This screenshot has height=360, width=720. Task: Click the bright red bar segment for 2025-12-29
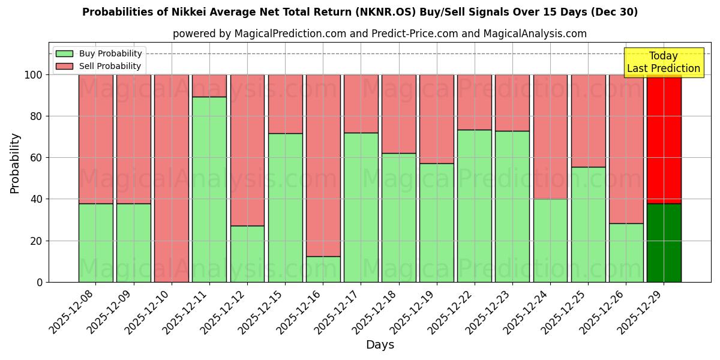pos(664,139)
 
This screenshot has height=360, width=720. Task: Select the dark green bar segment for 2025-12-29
pos(664,242)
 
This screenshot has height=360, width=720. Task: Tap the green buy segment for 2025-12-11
pos(209,189)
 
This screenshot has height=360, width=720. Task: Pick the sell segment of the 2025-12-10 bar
pos(172,178)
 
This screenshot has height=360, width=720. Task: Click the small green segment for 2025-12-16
pos(323,269)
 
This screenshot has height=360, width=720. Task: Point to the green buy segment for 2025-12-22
pos(474,206)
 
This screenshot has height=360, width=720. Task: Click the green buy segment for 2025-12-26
pos(626,253)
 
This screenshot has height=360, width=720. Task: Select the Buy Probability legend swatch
pos(64,53)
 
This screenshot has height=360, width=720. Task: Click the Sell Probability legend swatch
pos(64,66)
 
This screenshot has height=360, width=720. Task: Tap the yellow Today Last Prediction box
pos(664,62)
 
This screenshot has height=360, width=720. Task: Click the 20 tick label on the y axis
pos(37,241)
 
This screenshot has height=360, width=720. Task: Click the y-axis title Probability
pos(15,163)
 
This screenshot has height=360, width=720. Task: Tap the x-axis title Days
pos(380,345)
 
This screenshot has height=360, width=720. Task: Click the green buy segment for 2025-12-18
pos(398,217)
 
